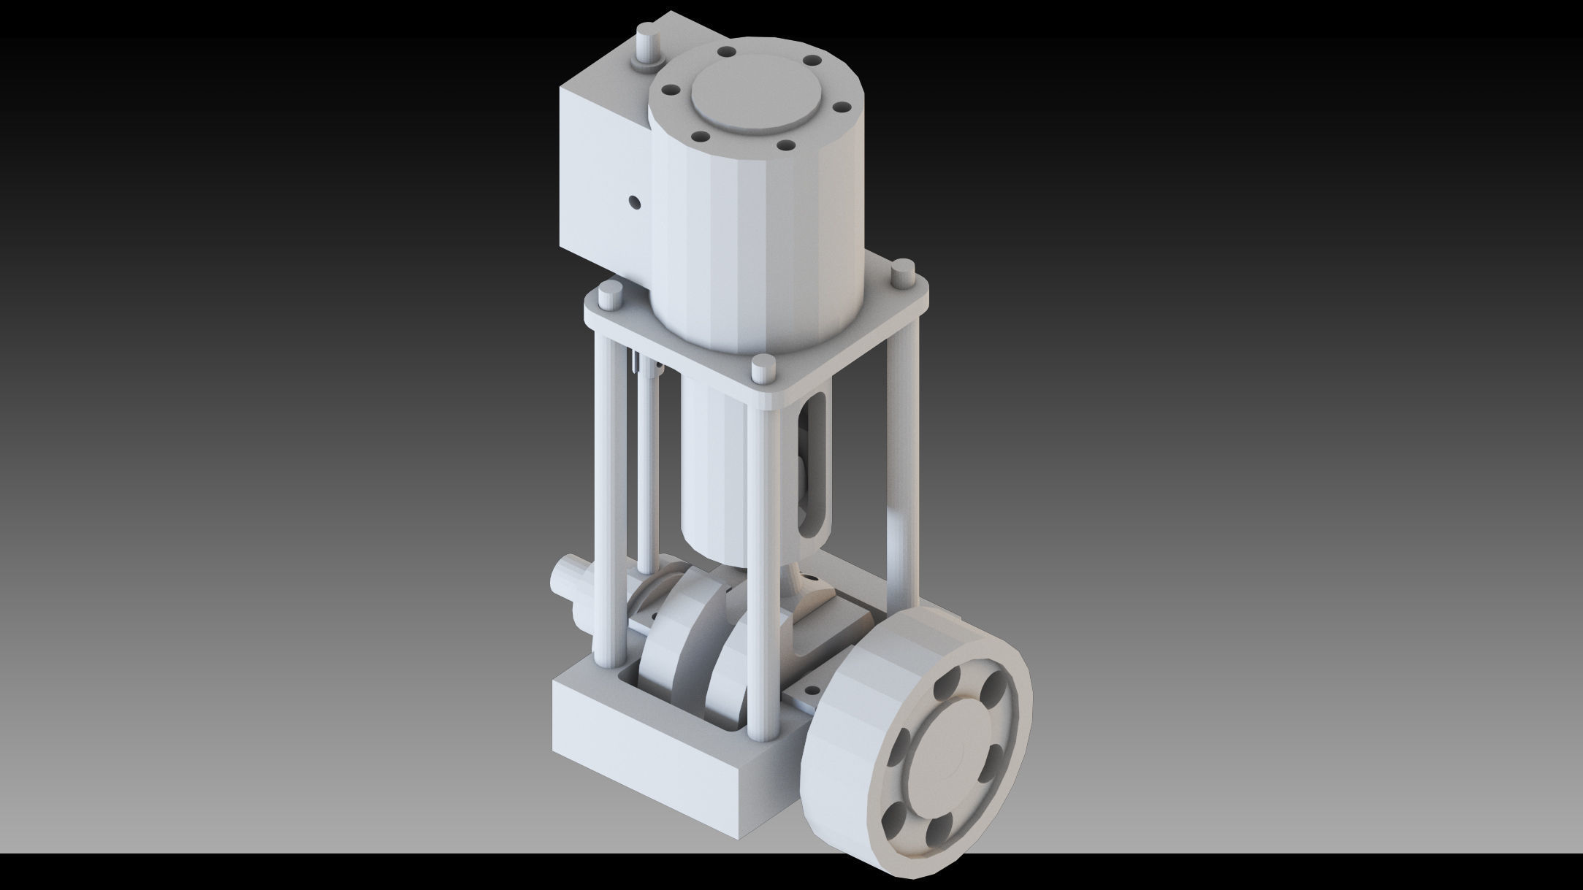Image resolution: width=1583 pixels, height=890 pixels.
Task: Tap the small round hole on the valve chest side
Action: pyautogui.click(x=634, y=202)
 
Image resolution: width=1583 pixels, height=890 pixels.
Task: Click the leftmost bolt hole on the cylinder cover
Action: pyautogui.click(x=668, y=91)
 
